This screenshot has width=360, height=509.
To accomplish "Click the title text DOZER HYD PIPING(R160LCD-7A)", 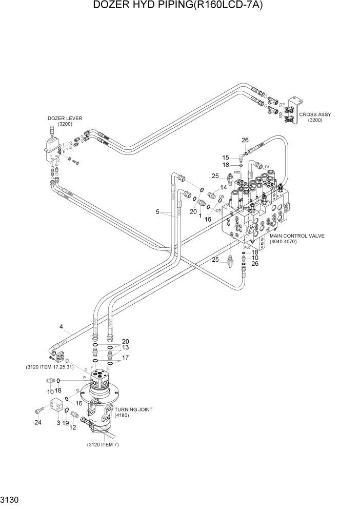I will [x=180, y=6].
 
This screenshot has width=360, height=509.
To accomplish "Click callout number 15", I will [x=226, y=158].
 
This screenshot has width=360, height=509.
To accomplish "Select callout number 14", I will [x=224, y=187].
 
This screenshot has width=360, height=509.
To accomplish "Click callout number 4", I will [x=61, y=326].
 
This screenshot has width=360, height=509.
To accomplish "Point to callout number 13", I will [x=125, y=347].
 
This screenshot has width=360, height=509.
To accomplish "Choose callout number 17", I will [x=125, y=358].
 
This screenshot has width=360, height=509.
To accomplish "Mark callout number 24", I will [x=37, y=423].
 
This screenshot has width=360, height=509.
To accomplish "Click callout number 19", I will [x=65, y=423].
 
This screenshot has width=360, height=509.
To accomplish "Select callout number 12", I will [x=73, y=427].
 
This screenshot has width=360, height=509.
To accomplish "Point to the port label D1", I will [x=266, y=167].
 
